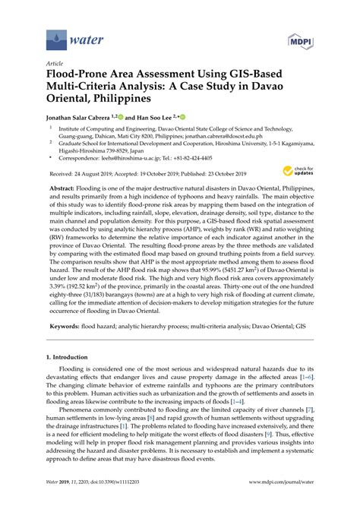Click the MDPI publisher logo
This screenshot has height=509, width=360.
[304, 38]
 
